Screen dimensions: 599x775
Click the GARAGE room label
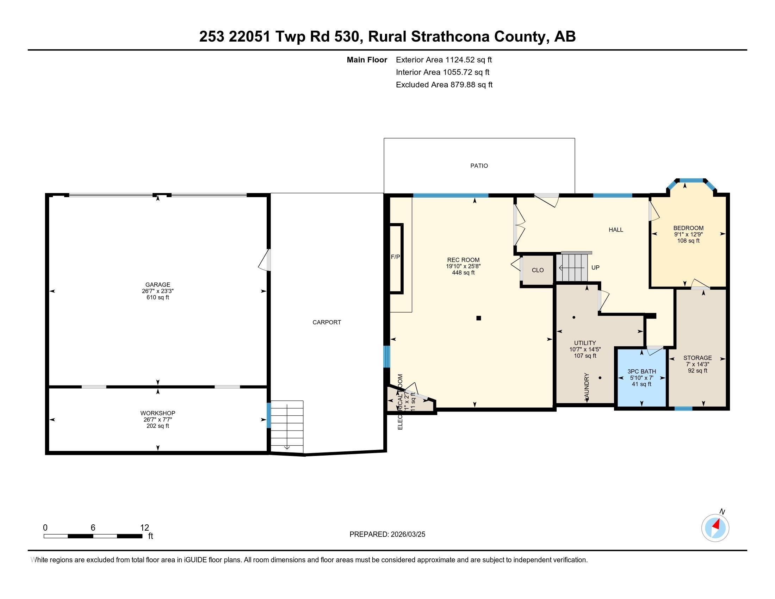coord(157,285)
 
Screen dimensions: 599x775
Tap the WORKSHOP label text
coord(157,413)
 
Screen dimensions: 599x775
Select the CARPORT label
coord(327,322)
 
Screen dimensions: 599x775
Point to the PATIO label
coord(479,166)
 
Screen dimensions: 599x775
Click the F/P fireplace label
coord(395,257)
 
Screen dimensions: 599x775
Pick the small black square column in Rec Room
coord(478,318)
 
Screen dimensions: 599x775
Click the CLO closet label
coord(538,270)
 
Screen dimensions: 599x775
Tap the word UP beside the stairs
coord(595,267)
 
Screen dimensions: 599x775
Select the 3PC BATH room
coord(641,378)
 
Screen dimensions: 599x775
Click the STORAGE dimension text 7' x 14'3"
coord(697,364)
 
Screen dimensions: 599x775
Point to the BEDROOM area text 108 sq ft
coord(688,241)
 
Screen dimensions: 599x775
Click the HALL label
coord(616,230)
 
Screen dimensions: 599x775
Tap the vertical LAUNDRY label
coord(587,387)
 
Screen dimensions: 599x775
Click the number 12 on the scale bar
coord(144,527)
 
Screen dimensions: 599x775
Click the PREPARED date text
coord(387,535)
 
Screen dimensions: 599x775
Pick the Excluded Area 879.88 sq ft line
coord(444,85)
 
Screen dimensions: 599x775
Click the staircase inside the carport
coord(287,426)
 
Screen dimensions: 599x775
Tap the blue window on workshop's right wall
coord(269,415)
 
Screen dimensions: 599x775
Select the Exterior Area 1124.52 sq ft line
coord(444,60)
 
